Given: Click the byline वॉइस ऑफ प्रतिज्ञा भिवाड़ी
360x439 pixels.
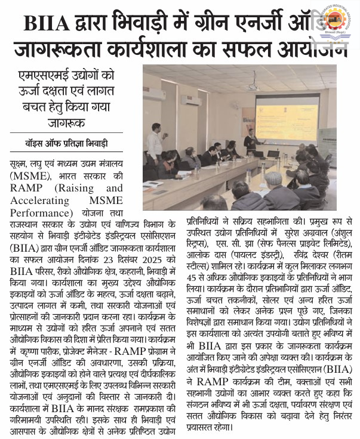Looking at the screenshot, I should [x=70, y=144].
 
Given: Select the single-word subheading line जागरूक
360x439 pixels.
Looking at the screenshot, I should [x=70, y=125].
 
